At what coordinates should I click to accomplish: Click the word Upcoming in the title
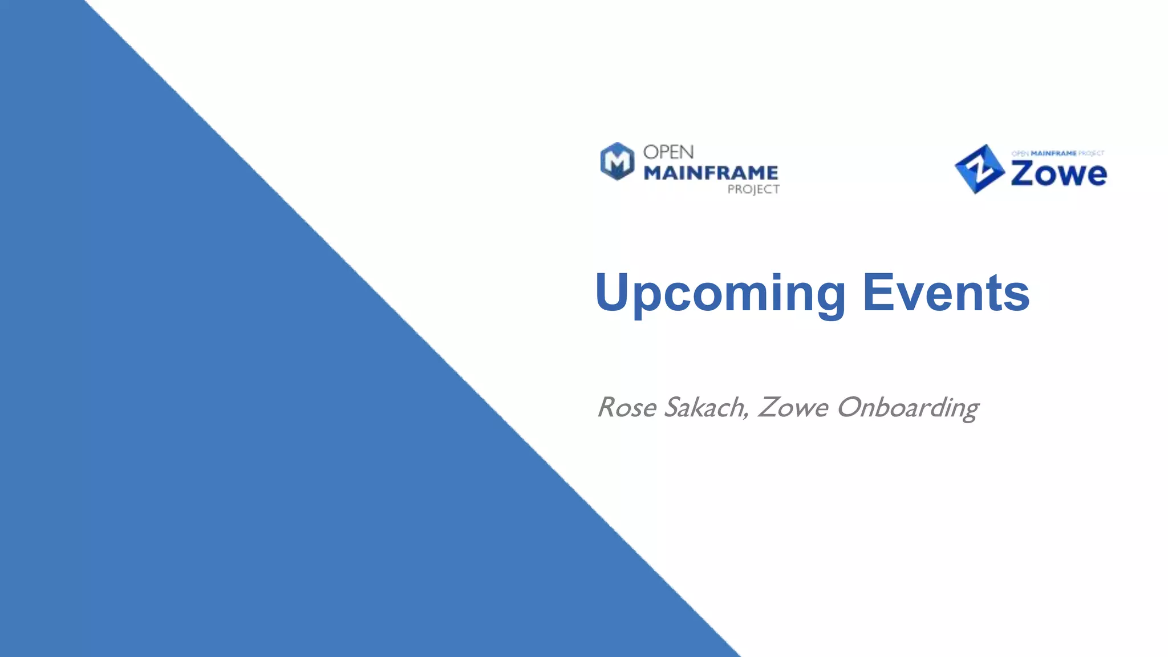720,293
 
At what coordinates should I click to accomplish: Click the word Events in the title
946,293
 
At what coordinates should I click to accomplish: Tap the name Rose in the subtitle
627,408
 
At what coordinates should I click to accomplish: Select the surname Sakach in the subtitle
705,408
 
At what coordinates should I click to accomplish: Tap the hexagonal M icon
617,161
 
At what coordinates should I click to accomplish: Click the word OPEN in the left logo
668,152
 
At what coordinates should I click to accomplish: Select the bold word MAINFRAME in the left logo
711,173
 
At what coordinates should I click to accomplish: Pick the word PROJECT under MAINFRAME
753,189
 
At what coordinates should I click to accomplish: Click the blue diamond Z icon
979,169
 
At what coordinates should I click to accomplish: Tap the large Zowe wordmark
1058,173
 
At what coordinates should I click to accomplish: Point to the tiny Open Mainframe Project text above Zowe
1058,153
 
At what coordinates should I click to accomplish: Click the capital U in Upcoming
614,292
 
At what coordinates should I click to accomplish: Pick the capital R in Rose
608,408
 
